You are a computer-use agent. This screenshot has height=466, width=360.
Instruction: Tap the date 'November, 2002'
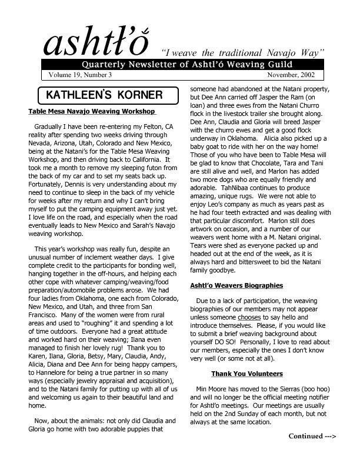click(289, 75)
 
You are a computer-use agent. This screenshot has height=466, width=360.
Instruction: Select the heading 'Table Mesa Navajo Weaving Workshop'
click(92, 111)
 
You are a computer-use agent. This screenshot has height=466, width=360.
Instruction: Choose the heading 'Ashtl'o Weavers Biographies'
click(237, 286)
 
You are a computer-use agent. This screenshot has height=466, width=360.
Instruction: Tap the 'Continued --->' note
click(312, 436)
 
